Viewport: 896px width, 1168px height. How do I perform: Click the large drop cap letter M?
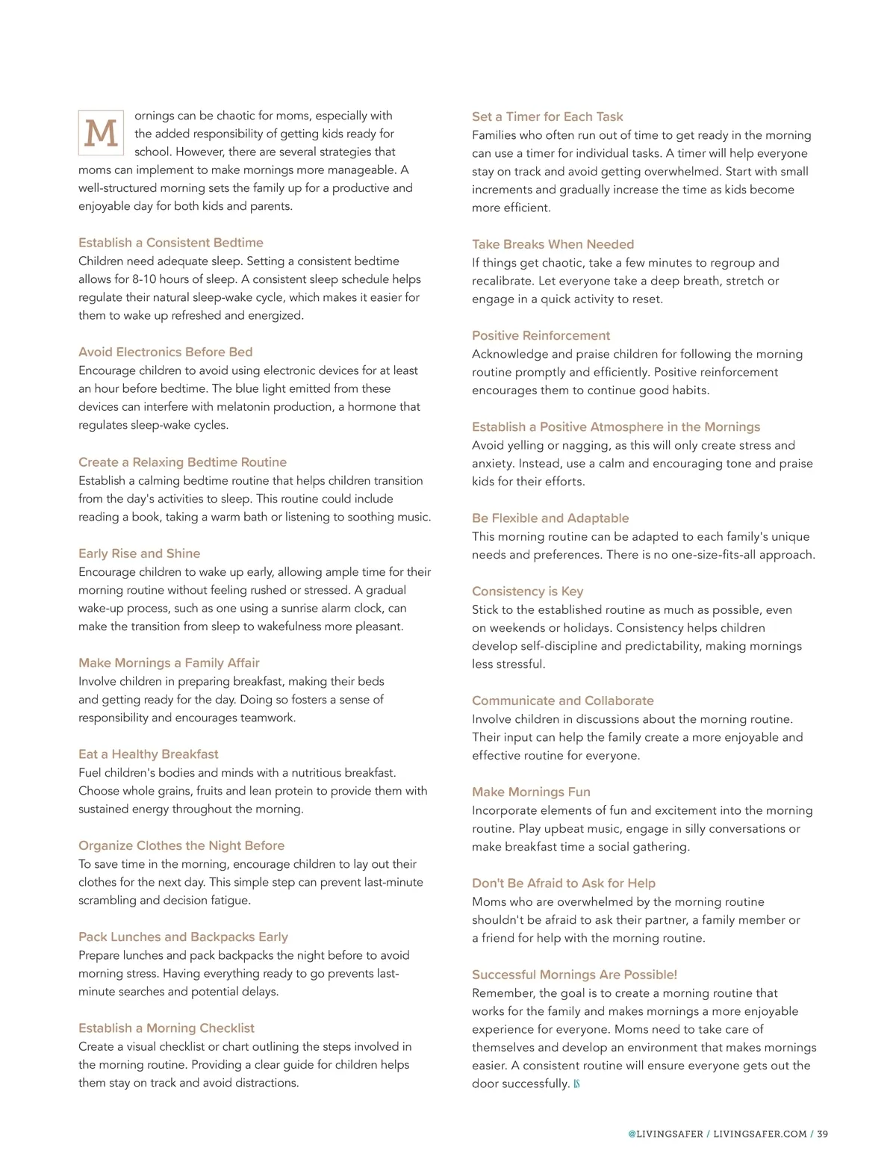(101, 133)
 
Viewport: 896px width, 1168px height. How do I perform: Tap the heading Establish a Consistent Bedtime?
(170, 243)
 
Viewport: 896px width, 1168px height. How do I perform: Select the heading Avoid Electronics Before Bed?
(165, 352)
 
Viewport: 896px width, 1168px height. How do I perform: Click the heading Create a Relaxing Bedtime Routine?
(182, 462)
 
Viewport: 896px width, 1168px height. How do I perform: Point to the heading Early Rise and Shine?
(139, 553)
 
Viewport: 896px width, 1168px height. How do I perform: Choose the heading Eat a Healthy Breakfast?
(148, 754)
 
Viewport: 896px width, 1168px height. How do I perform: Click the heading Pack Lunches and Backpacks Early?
(183, 936)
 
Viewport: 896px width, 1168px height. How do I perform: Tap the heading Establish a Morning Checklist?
(166, 1028)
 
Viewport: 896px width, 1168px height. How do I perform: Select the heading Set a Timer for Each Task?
(547, 117)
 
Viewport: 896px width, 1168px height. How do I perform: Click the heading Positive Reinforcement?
(541, 335)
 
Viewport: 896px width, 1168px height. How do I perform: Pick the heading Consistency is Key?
(527, 591)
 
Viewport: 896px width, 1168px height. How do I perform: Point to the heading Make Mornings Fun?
(531, 792)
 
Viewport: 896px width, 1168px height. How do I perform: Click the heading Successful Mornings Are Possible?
(574, 975)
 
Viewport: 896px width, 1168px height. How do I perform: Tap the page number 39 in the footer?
(822, 1134)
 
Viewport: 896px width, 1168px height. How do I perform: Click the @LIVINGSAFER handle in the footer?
(665, 1134)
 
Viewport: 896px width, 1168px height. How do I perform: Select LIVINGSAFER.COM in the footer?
(759, 1134)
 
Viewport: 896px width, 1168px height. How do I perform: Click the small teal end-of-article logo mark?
(576, 1084)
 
